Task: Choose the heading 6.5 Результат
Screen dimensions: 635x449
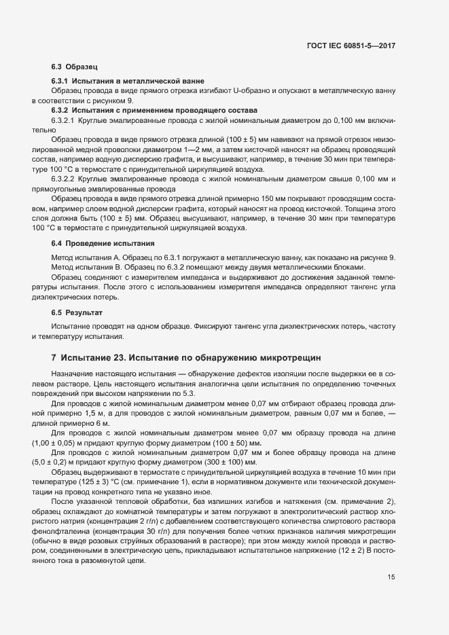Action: coord(77,312)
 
